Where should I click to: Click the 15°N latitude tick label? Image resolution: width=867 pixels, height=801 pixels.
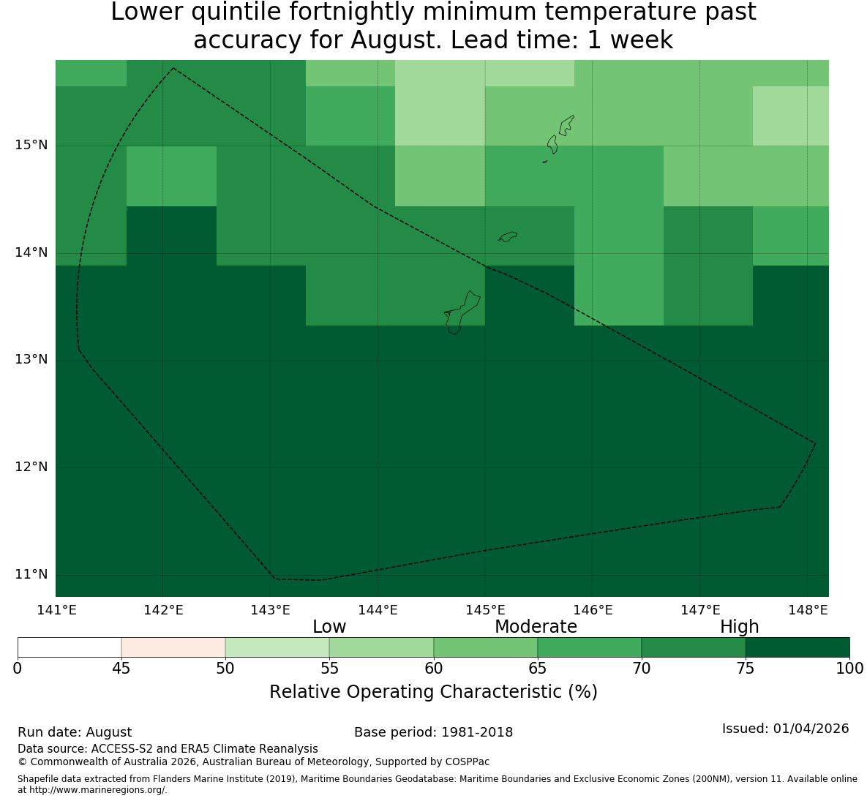tap(31, 146)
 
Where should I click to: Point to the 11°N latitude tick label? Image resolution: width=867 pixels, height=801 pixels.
tap(31, 575)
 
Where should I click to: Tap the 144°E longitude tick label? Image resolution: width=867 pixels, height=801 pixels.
tap(378, 610)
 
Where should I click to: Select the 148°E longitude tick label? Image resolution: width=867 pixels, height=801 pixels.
tap(808, 610)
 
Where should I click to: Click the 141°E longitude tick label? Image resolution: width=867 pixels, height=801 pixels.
tap(56, 610)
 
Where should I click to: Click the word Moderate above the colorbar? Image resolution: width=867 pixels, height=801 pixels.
tap(536, 627)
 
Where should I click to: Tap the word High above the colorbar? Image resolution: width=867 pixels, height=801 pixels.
tap(739, 628)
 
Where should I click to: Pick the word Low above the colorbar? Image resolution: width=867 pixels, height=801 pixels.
tap(329, 627)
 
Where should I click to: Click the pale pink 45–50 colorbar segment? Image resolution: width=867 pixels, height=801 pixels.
tap(173, 647)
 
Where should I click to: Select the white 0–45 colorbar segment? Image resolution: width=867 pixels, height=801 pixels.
tap(70, 647)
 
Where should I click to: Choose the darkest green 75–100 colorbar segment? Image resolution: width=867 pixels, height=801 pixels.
tap(797, 647)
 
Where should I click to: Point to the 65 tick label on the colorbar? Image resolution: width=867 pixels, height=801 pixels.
tap(538, 669)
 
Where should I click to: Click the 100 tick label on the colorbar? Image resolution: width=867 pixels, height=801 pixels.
tap(850, 669)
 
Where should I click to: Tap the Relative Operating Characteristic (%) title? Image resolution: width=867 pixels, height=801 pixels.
tap(433, 692)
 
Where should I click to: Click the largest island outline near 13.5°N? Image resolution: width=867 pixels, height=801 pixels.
tap(462, 312)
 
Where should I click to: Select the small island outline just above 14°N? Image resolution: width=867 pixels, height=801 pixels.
tap(508, 236)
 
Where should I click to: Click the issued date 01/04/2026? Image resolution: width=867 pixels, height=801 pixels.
tap(811, 729)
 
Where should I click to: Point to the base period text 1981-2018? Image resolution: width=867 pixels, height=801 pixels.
tap(477, 732)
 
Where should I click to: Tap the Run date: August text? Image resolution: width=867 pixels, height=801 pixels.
tap(75, 733)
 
